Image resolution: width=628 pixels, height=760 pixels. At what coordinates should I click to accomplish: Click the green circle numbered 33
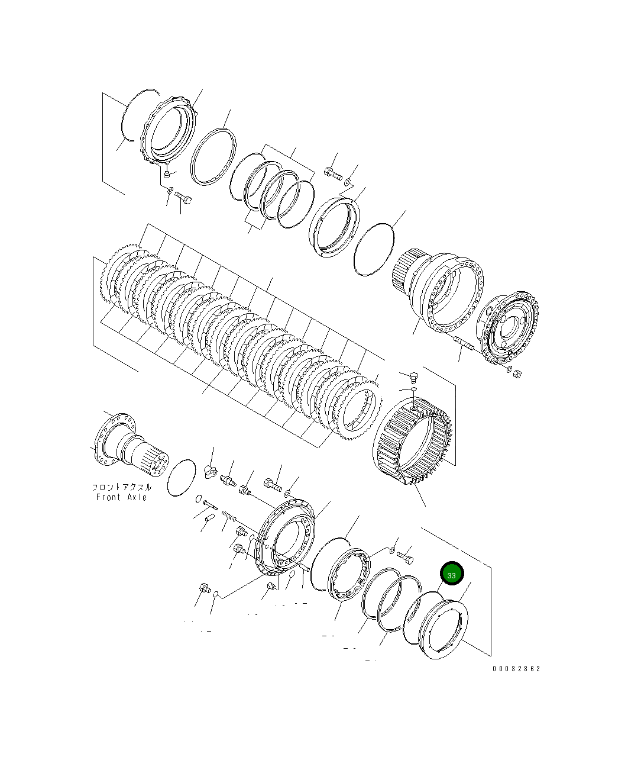click(452, 574)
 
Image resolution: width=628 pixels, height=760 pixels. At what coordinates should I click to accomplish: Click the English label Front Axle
click(121, 497)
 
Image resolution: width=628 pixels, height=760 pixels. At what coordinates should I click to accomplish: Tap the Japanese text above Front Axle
click(121, 487)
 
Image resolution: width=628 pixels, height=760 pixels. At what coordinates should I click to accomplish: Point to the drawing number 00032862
click(516, 669)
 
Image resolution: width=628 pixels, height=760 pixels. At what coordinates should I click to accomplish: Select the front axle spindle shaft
click(130, 447)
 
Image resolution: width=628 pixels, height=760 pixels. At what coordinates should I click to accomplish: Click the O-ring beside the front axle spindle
click(182, 477)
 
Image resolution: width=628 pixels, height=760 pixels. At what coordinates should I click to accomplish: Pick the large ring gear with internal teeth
click(412, 441)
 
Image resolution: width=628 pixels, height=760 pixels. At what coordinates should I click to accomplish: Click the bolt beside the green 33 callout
click(406, 557)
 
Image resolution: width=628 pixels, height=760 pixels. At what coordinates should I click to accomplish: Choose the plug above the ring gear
click(413, 375)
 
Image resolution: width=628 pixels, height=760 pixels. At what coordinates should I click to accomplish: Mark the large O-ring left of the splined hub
click(374, 249)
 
